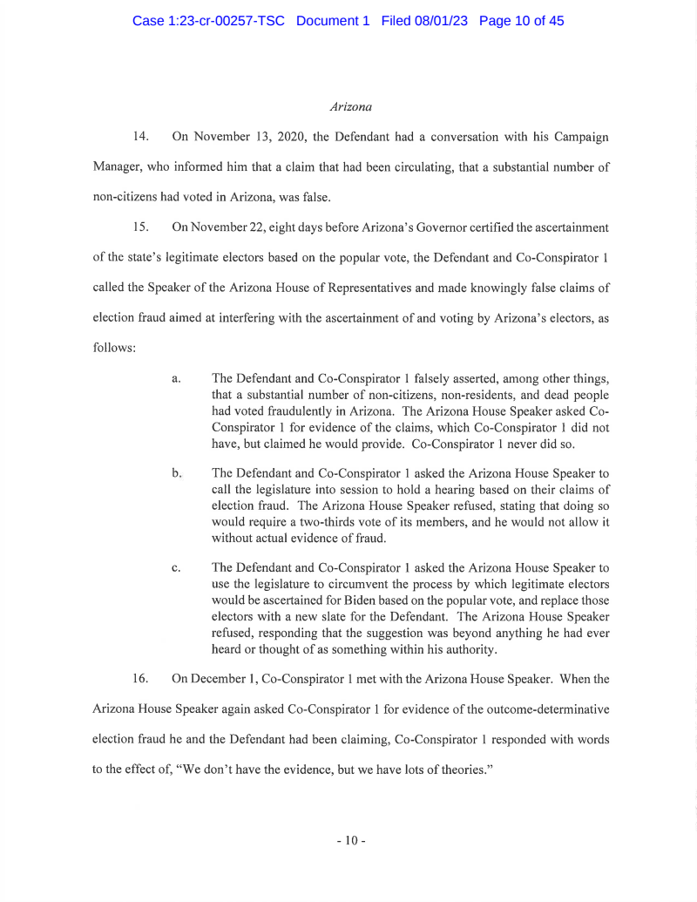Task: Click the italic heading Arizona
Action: [x=351, y=107]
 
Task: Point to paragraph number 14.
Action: [x=142, y=137]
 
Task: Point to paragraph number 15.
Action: [x=142, y=227]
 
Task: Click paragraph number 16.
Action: [x=142, y=675]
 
